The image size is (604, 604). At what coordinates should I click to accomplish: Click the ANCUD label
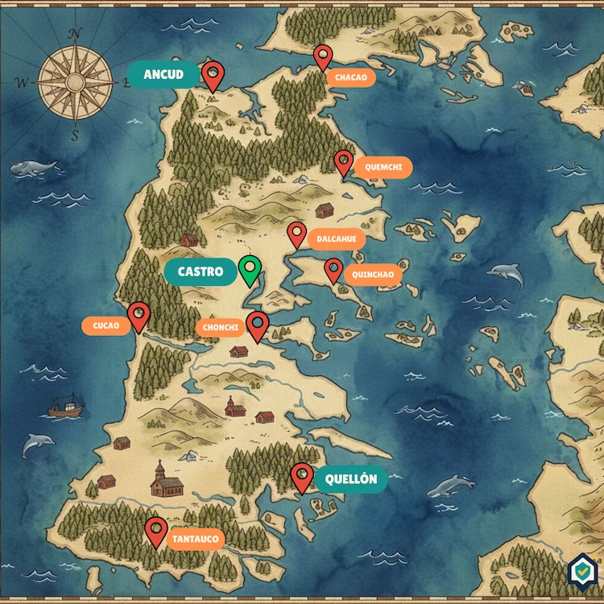163,75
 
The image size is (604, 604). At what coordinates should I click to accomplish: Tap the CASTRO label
200,272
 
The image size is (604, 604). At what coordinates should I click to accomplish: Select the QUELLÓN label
351,479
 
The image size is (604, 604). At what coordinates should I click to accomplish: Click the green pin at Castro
250,269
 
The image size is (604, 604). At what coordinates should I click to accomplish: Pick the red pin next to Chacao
323,56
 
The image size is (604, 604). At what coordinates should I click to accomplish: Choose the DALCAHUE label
337,239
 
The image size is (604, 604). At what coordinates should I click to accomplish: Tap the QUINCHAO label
373,275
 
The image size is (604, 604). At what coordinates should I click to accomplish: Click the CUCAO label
105,326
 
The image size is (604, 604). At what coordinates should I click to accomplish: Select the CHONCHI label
221,328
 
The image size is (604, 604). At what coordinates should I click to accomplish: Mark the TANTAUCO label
195,539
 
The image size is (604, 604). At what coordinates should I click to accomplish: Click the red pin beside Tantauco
156,531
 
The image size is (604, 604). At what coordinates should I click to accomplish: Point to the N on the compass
76,34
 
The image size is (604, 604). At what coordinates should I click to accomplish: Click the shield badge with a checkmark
581,570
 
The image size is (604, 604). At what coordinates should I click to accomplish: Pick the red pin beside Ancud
213,75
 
